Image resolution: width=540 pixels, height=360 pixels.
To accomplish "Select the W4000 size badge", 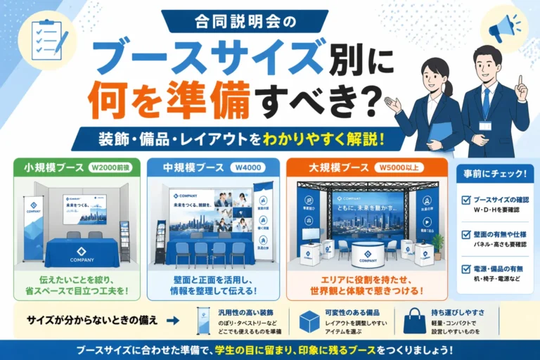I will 250,168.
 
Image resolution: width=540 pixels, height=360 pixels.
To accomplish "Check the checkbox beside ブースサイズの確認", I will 465,200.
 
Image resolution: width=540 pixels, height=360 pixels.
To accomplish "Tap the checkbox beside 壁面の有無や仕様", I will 465,234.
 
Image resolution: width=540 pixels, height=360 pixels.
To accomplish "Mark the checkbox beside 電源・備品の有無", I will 465,269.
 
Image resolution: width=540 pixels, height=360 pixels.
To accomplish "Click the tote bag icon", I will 414,321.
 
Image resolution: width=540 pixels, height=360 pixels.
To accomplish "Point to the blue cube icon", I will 309,321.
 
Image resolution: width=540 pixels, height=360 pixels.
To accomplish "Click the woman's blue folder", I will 439,133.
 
